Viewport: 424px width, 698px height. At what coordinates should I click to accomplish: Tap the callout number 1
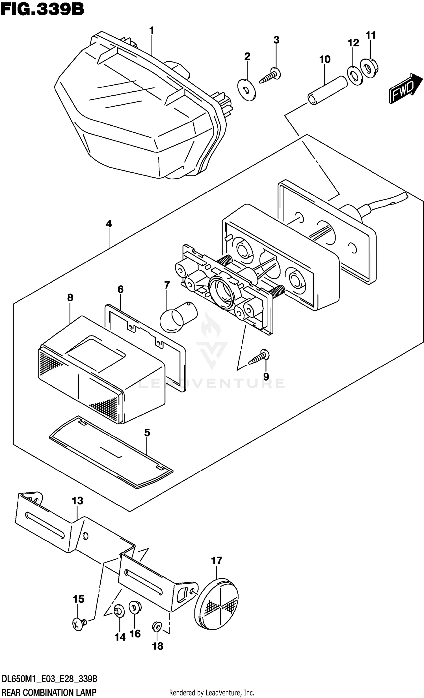tap(152, 30)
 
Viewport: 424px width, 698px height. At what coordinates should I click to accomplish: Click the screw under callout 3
tap(271, 75)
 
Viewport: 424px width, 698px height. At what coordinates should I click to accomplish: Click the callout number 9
tap(266, 377)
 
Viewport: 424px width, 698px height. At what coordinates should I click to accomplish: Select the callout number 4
tap(109, 224)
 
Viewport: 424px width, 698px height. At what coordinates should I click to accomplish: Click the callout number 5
tap(147, 433)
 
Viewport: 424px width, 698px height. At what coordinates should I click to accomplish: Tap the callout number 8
tap(70, 297)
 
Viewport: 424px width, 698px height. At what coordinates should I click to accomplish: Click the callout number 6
tap(120, 289)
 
